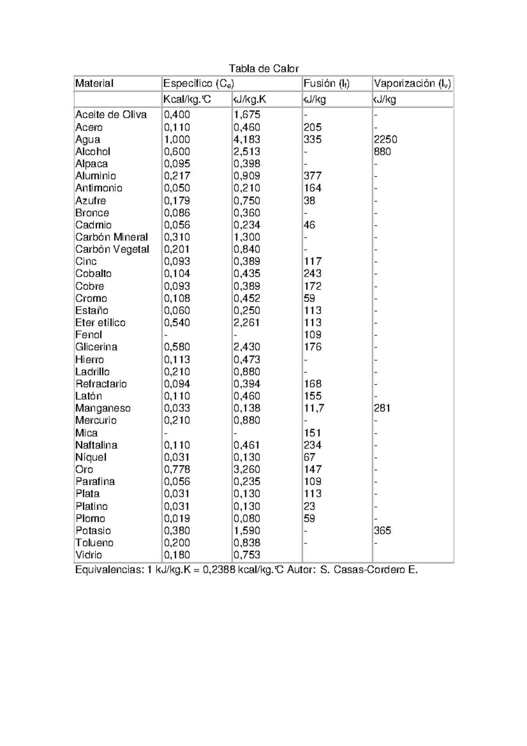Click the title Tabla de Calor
(263, 69)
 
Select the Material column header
(94, 83)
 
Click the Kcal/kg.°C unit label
(187, 100)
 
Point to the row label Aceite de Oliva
(111, 115)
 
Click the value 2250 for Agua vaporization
(386, 140)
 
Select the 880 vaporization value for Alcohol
(382, 152)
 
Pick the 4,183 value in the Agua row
(247, 140)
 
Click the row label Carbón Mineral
(112, 237)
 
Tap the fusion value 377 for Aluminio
(313, 176)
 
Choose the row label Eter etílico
(100, 323)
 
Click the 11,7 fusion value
(314, 408)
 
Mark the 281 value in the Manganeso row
(382, 408)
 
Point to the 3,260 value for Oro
(247, 470)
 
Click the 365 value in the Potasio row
(383, 531)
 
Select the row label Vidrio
(89, 555)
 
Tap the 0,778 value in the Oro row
(177, 470)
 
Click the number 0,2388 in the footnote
(218, 570)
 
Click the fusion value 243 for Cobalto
(313, 274)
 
